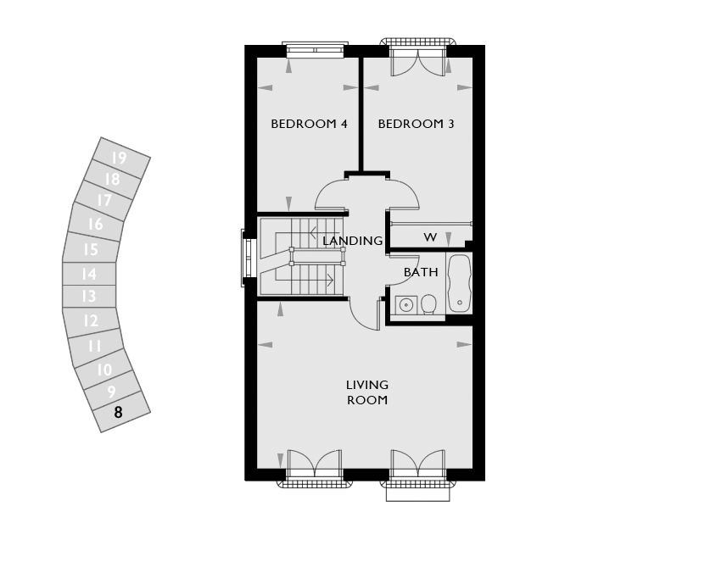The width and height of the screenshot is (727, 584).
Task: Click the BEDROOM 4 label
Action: coord(310,124)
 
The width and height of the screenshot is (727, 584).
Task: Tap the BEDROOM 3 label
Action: coord(416,124)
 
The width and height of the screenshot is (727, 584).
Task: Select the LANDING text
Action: coord(353,241)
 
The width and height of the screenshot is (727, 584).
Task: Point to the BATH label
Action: coord(421,272)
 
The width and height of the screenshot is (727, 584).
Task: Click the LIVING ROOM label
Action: coord(367,392)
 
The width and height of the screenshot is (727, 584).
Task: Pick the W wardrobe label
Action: coord(430,237)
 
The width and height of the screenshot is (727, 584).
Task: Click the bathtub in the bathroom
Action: coord(460,283)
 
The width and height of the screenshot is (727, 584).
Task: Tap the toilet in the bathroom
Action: coord(429,304)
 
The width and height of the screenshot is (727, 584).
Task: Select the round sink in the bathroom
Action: coord(406,305)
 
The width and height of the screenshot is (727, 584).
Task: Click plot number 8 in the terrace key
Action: coord(118,412)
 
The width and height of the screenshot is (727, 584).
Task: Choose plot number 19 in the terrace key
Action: coord(119,158)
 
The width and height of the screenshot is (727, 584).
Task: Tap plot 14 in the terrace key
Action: coord(88,274)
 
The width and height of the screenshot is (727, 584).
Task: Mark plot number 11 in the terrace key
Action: coord(94,346)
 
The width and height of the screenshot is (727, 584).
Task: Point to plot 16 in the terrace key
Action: coord(96,225)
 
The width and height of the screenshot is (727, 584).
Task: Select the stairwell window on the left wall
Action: coord(247,258)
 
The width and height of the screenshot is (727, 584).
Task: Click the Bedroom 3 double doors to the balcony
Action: coord(418,64)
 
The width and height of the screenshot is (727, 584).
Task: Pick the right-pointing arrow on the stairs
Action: coord(319,280)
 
